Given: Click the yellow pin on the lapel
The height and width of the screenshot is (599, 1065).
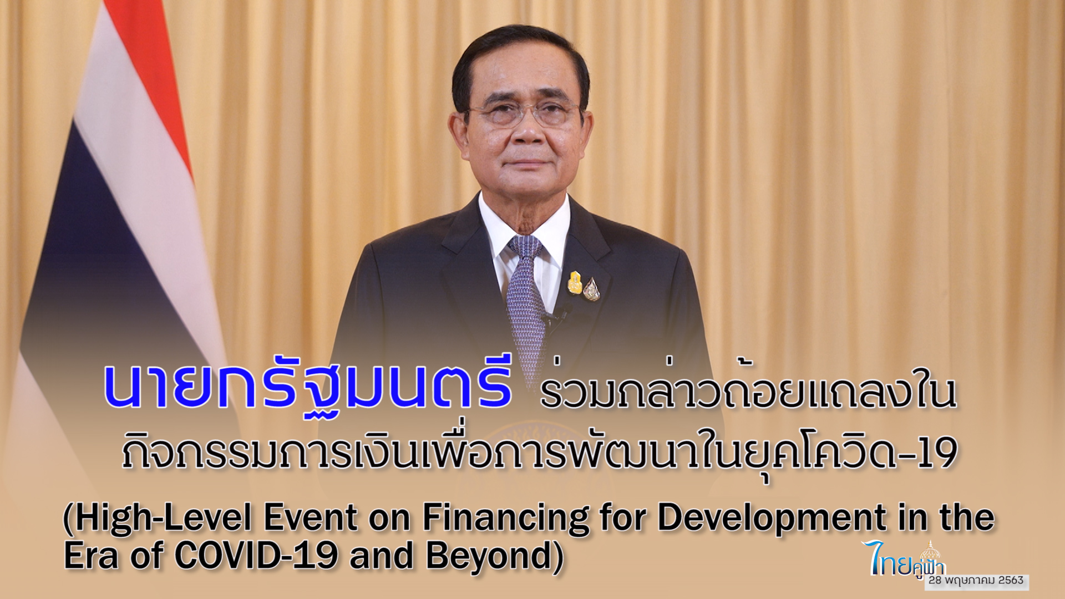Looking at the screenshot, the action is pos(574,282).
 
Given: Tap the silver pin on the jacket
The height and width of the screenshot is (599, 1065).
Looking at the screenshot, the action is pos(591,289).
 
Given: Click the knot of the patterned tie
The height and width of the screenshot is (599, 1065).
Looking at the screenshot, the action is pos(525,247).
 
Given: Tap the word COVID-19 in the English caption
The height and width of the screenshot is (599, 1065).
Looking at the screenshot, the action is pos(256,555).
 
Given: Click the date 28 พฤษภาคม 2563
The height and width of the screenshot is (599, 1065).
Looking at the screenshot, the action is pos(976,580).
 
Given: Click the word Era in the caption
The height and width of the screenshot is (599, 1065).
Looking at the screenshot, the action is pos(92,555).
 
